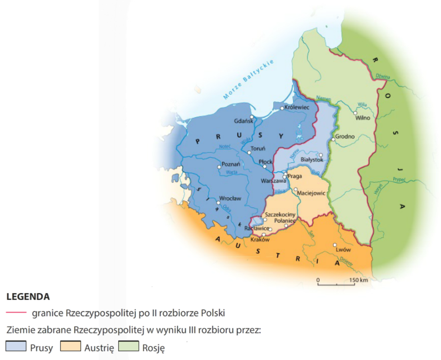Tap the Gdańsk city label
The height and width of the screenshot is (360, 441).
[x=243, y=121]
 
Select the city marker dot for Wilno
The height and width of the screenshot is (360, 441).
[x=355, y=113]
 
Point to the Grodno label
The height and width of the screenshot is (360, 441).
[x=345, y=136]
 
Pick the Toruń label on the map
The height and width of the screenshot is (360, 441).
[x=257, y=148]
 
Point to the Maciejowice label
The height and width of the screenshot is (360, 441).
[x=312, y=193]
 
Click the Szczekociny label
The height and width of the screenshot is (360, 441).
[x=280, y=214]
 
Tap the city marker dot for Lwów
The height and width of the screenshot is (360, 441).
[x=335, y=245]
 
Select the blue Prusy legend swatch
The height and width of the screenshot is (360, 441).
[x=17, y=346]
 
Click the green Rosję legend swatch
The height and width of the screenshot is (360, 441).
[x=129, y=346]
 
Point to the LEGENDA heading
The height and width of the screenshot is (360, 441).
[x=28, y=297]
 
